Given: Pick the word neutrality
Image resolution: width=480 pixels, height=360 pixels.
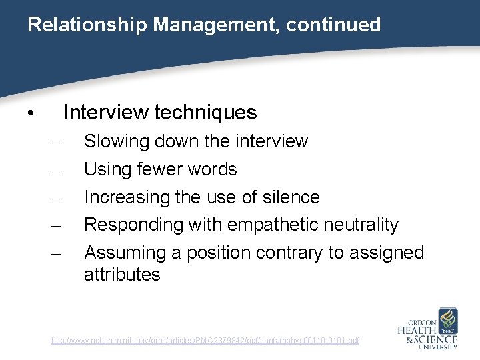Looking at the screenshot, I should click(361, 225).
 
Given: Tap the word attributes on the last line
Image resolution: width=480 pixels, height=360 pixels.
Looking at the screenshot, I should click(122, 275).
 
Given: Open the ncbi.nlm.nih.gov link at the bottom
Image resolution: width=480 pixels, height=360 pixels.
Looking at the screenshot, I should click(205, 341).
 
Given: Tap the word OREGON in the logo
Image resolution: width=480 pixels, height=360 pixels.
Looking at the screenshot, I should click(418, 319).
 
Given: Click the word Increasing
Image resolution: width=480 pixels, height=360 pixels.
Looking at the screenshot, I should click(127, 197).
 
